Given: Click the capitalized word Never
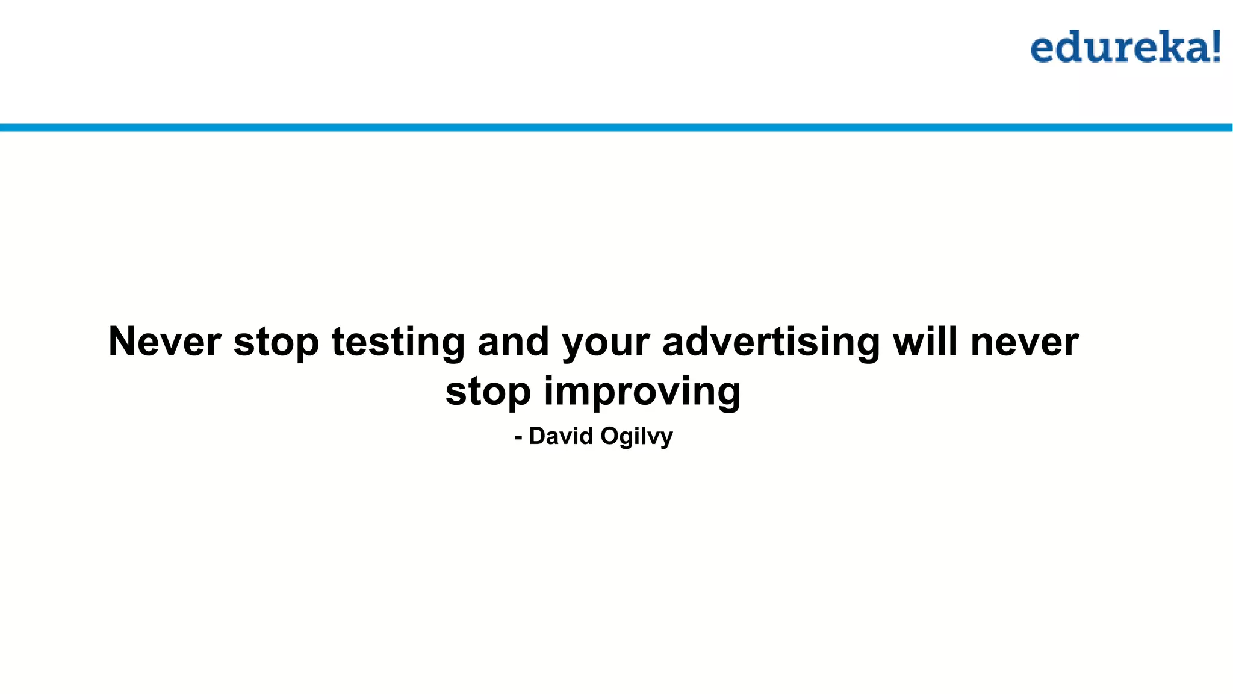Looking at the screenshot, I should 164,342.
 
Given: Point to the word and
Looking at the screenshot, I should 513,342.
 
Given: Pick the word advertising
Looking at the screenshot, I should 771,342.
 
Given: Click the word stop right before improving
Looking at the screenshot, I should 488,392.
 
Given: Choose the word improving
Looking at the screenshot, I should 642,392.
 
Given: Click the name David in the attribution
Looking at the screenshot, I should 561,436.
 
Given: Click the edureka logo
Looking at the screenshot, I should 1125,48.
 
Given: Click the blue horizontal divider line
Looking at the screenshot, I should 616,128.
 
